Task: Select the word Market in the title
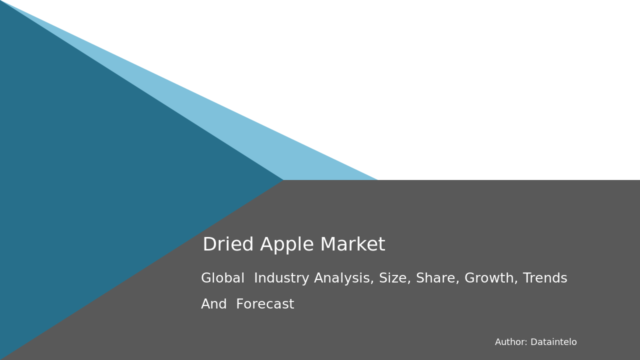352,245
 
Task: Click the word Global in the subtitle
222,278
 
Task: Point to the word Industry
281,278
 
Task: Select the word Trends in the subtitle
545,278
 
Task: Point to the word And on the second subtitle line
214,304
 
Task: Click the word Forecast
265,304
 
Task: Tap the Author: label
511,342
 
